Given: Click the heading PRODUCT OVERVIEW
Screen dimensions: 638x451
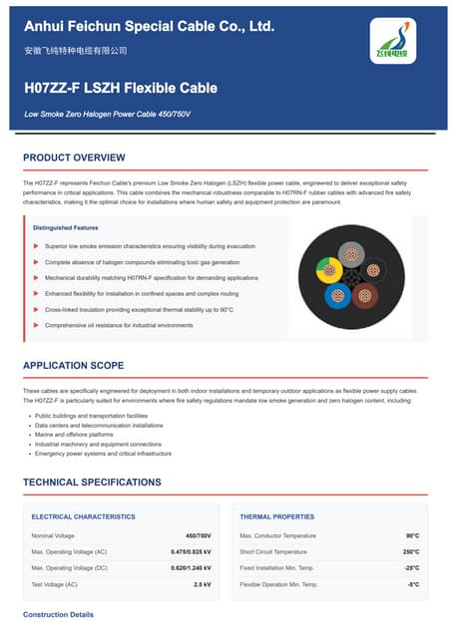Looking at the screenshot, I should click(x=74, y=158).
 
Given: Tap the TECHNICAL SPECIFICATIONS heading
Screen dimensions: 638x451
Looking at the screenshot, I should click(x=92, y=482).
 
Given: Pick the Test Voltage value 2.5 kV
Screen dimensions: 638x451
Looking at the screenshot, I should click(x=202, y=583).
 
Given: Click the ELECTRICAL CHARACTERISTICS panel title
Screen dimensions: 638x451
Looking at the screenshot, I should click(x=83, y=516).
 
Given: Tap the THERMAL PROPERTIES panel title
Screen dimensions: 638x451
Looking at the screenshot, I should click(x=276, y=516).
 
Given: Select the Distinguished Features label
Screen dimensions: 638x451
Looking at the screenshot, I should click(x=66, y=228).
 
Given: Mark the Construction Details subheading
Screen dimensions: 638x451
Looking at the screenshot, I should click(x=58, y=614).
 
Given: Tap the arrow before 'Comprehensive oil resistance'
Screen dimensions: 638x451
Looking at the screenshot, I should click(x=35, y=325).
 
